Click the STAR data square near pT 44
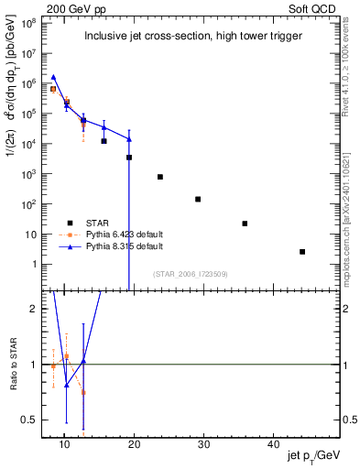(302, 252)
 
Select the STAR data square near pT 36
(245, 224)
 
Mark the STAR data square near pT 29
(198, 199)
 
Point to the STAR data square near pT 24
(160, 177)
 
